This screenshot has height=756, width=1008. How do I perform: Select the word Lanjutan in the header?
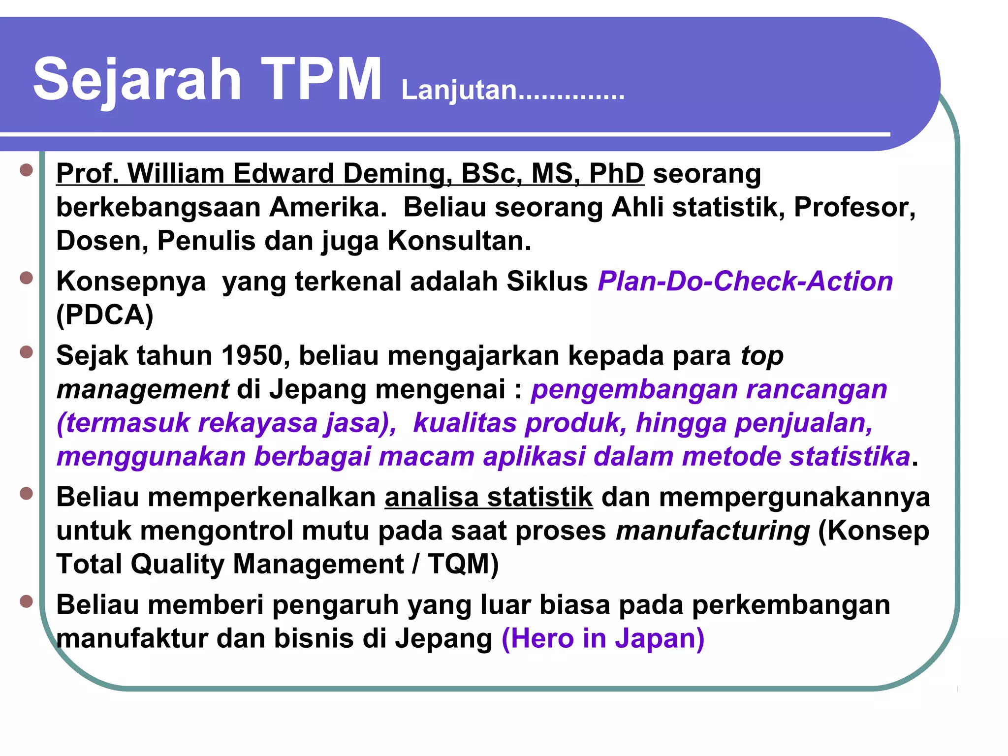coord(459,91)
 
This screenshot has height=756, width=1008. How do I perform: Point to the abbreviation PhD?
coord(616,174)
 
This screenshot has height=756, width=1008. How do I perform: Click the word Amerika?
coord(327,207)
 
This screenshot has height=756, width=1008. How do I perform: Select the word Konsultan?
coord(459,241)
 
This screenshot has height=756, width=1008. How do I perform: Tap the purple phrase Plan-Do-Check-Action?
coord(745,282)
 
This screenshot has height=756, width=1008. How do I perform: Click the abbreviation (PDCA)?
coord(105,315)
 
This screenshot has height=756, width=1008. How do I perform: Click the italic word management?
coord(142,389)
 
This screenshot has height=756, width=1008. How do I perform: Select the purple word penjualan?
coord(803,423)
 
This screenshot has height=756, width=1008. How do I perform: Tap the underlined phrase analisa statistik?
coord(489,497)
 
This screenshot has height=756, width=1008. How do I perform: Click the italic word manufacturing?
coord(712,531)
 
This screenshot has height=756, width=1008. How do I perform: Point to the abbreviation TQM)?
coord(463,565)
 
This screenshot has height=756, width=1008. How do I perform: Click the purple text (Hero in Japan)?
coord(602,639)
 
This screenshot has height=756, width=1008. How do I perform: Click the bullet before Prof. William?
coord(26,170)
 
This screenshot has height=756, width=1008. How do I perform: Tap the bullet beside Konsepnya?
coord(26,278)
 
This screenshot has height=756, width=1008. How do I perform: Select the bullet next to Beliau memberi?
coord(26,601)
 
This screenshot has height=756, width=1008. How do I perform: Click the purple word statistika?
coord(850,457)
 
